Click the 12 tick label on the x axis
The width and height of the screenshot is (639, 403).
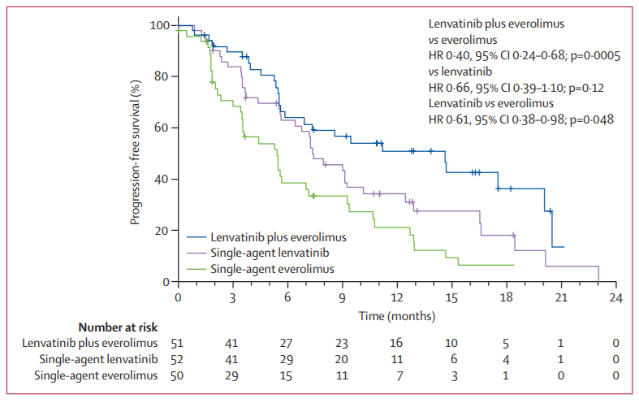coord(397,297)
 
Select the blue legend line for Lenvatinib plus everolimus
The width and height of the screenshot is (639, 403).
coord(197,238)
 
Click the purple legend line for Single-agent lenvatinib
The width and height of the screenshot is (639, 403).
coord(197,253)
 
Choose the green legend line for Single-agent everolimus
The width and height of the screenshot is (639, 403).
coord(197,268)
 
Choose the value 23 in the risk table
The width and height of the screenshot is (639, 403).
coord(343,344)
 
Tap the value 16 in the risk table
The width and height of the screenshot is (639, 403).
coord(397,344)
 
